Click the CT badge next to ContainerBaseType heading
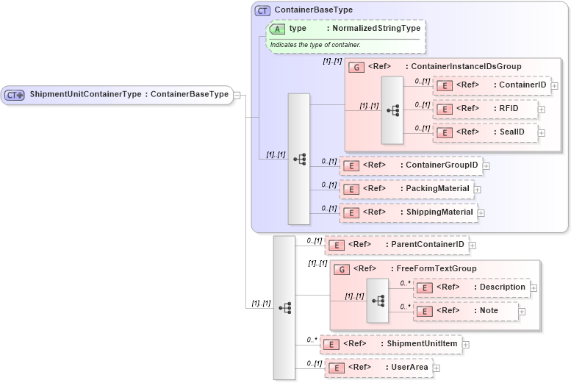tap(262, 10)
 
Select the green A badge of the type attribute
tap(278, 29)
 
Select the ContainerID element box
tap(491, 85)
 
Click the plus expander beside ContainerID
tap(555, 86)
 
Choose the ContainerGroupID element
tap(411, 165)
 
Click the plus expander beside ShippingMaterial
tap(481, 213)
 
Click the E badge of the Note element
tap(424, 311)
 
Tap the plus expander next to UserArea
tap(437, 368)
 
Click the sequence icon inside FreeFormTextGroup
tap(378, 300)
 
